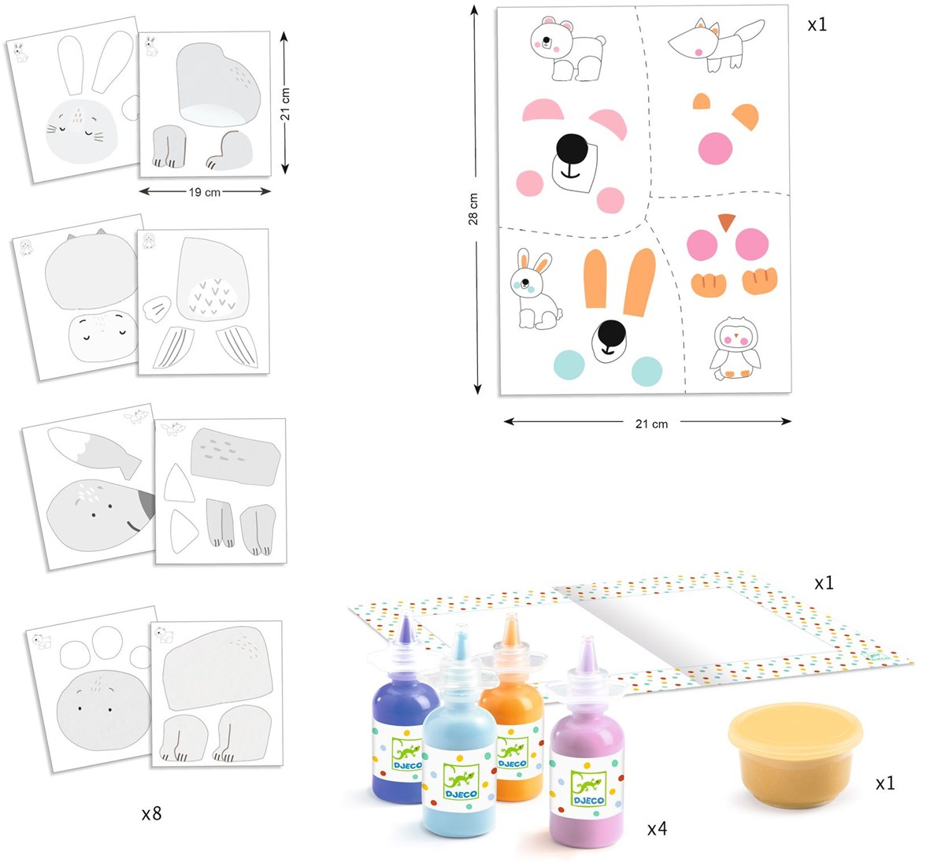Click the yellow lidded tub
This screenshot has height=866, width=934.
point(795,753)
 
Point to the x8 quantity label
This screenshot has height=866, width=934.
point(151,813)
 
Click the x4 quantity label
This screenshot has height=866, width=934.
point(657,828)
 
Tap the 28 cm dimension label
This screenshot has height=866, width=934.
point(473,209)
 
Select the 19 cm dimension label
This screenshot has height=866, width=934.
point(204,192)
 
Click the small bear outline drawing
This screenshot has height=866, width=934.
point(566,49)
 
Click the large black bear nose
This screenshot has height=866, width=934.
point(572,148)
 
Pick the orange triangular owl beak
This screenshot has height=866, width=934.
point(727,221)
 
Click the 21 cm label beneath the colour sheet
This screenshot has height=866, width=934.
point(651,424)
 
